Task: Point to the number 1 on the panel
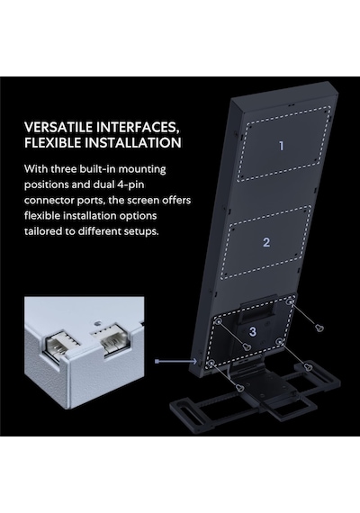[x=281, y=146]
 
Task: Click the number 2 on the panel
[x=266, y=242]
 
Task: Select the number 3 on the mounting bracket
[x=252, y=332]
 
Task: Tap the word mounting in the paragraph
[x=142, y=170]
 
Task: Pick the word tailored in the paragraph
[x=43, y=231]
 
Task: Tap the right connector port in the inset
[x=112, y=338]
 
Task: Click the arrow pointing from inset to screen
[x=176, y=361]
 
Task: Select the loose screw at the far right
[x=319, y=328]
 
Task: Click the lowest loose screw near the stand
[x=240, y=388]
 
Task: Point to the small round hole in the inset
[x=96, y=324]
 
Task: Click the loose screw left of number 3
[x=247, y=346]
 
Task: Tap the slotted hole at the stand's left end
[x=180, y=410]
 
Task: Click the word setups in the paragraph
[x=141, y=231]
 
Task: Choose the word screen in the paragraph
[x=139, y=201]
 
